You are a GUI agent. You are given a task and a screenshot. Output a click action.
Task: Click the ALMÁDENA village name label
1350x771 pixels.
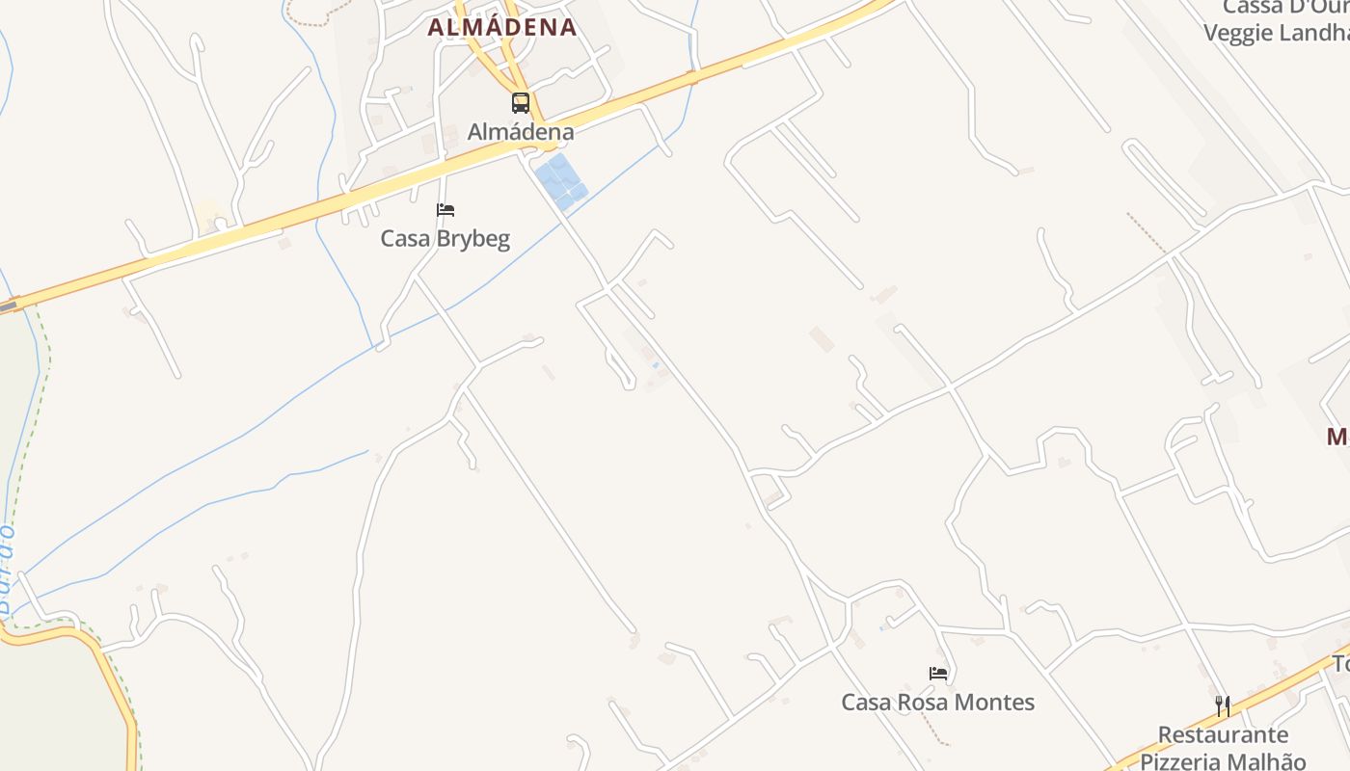[x=501, y=28]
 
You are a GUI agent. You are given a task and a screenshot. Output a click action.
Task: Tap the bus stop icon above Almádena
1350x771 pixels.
[x=521, y=102]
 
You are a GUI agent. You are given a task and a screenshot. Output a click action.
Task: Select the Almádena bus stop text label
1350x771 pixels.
[x=521, y=132]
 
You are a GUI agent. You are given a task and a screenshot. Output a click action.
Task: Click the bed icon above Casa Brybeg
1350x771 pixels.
[x=445, y=210]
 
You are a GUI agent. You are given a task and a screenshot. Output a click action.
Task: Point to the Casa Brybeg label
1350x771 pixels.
[x=445, y=238]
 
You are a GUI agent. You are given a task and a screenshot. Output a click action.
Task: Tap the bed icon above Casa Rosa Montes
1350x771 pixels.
[x=938, y=674]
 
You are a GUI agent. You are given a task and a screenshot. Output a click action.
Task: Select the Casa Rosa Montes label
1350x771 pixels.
[x=938, y=703]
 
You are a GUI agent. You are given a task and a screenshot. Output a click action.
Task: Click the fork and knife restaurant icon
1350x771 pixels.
[x=1223, y=706]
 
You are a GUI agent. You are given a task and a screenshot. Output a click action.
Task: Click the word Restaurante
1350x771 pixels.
[x=1223, y=735]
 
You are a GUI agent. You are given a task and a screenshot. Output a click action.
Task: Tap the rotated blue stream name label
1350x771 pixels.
[x=7, y=569]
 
